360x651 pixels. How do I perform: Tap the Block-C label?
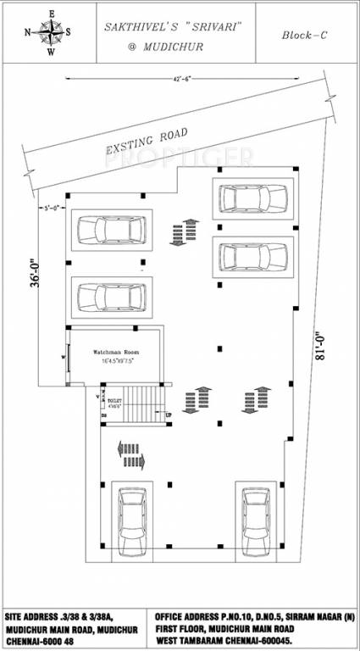tap(305, 36)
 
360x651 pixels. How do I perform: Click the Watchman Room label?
tap(115, 351)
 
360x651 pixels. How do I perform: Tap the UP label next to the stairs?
tap(167, 415)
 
